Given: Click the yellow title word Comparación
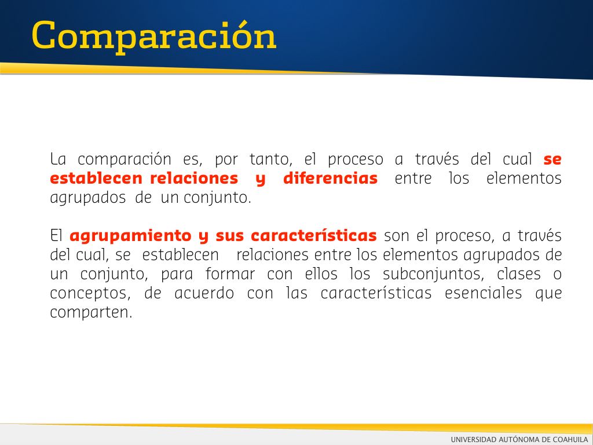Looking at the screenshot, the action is click(154, 37).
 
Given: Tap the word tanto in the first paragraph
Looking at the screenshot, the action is click(271, 159).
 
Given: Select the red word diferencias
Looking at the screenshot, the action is click(331, 178).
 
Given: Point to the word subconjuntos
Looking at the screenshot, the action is click(433, 274).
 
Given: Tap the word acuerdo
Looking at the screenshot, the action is click(204, 293).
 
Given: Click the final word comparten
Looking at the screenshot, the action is click(91, 313).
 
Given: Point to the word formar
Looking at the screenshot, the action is click(230, 274).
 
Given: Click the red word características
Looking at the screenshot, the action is click(314, 236).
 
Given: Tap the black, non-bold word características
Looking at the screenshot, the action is click(376, 293).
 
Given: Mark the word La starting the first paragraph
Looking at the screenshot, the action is click(58, 159).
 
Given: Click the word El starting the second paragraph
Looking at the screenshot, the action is click(56, 236).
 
